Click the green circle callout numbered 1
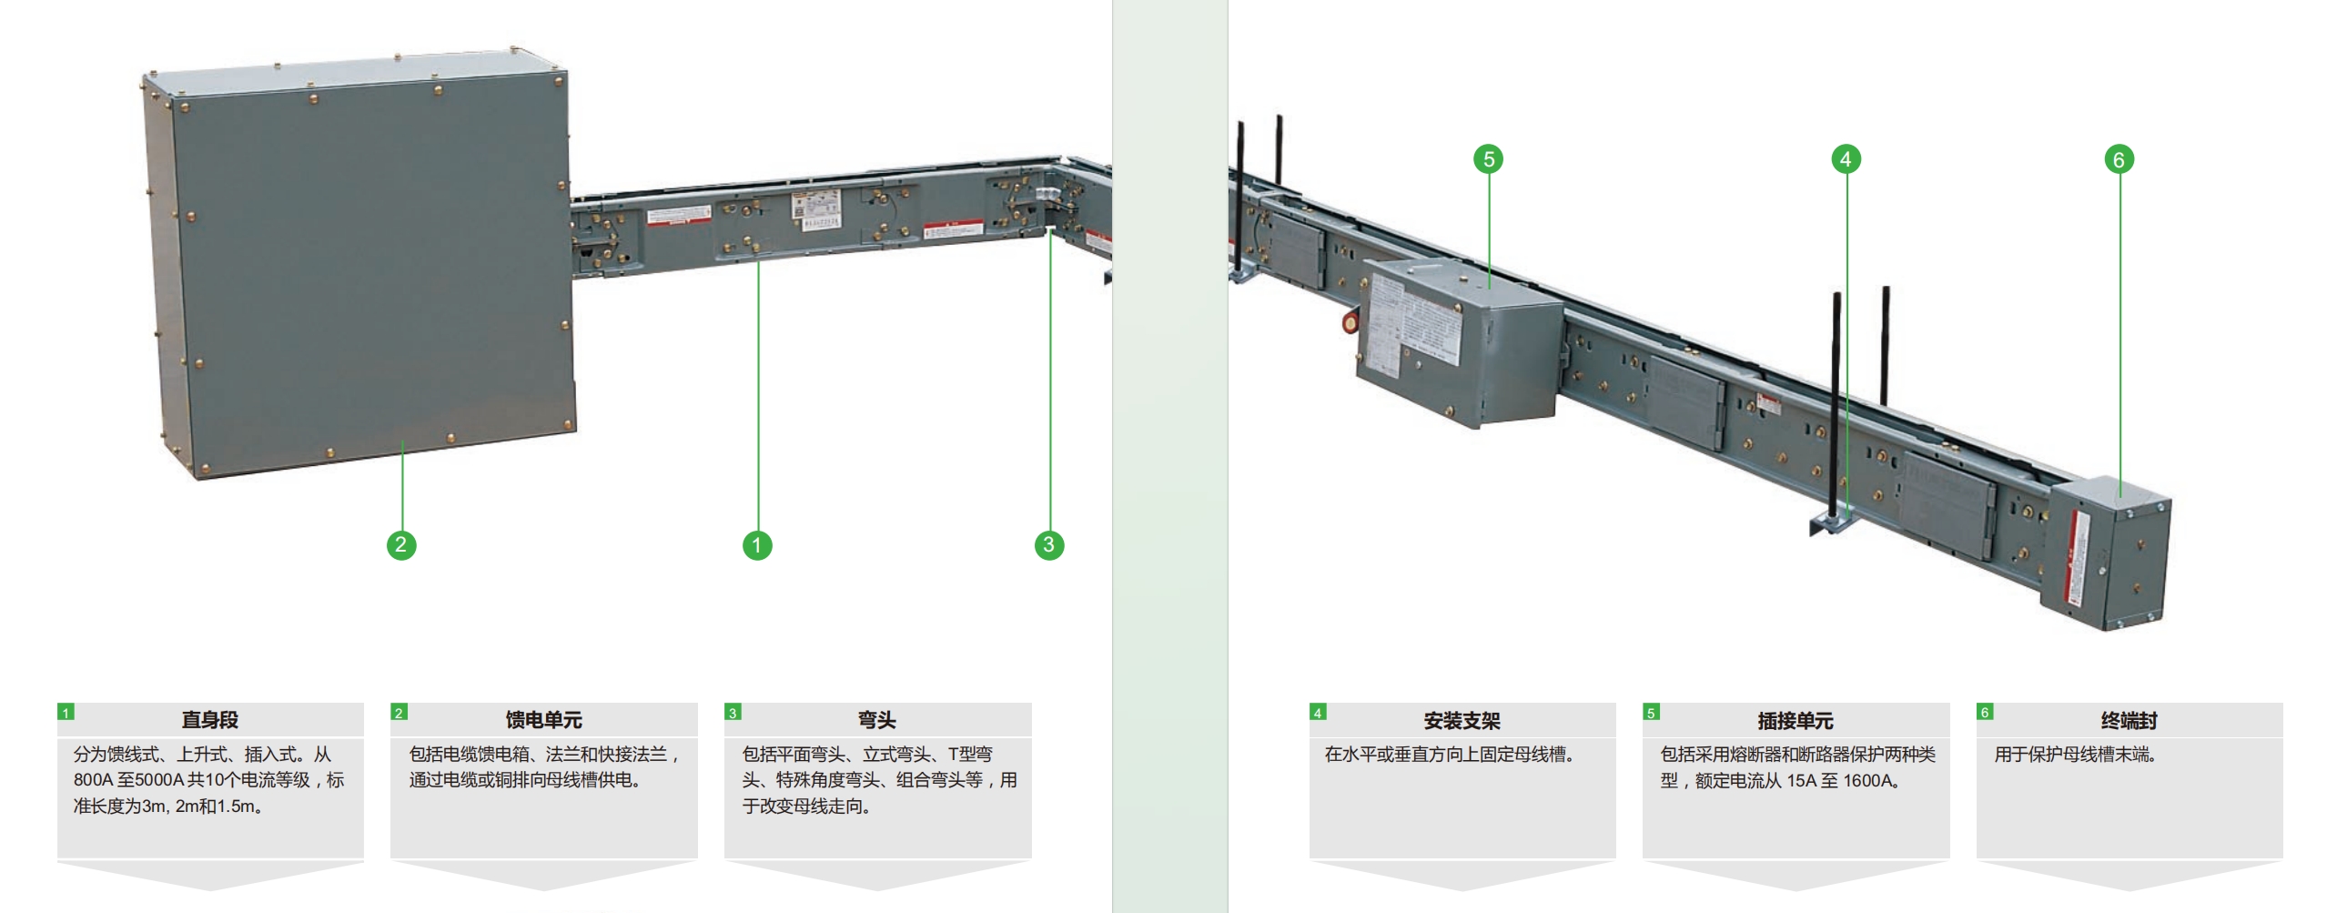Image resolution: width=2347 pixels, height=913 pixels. tap(757, 546)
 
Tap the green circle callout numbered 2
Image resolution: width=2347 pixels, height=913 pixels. tap(401, 545)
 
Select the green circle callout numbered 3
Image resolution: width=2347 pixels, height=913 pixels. tap(1048, 545)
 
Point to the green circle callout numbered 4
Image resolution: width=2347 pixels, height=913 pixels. tap(1846, 159)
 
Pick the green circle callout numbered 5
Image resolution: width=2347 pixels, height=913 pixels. tap(1489, 159)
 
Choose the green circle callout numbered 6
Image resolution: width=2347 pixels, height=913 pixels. tap(2119, 159)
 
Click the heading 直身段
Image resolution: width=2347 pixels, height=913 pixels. tap(209, 720)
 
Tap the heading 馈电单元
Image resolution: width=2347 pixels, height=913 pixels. tap(544, 720)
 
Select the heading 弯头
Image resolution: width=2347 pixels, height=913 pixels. tap(876, 720)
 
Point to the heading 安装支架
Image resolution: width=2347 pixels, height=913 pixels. tap(1462, 721)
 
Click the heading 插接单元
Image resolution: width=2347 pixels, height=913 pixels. tap(1795, 721)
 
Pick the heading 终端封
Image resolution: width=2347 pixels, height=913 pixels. tap(2129, 721)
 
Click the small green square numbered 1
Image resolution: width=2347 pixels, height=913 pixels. tap(66, 712)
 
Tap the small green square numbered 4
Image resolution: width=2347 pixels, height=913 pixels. tap(1318, 712)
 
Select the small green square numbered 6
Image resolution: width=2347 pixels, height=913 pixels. tap(1985, 712)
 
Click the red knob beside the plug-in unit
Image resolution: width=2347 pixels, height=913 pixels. tap(1349, 321)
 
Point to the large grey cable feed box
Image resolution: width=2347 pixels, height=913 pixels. tap(359, 264)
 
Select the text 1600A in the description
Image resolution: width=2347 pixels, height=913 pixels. tap(1868, 781)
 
